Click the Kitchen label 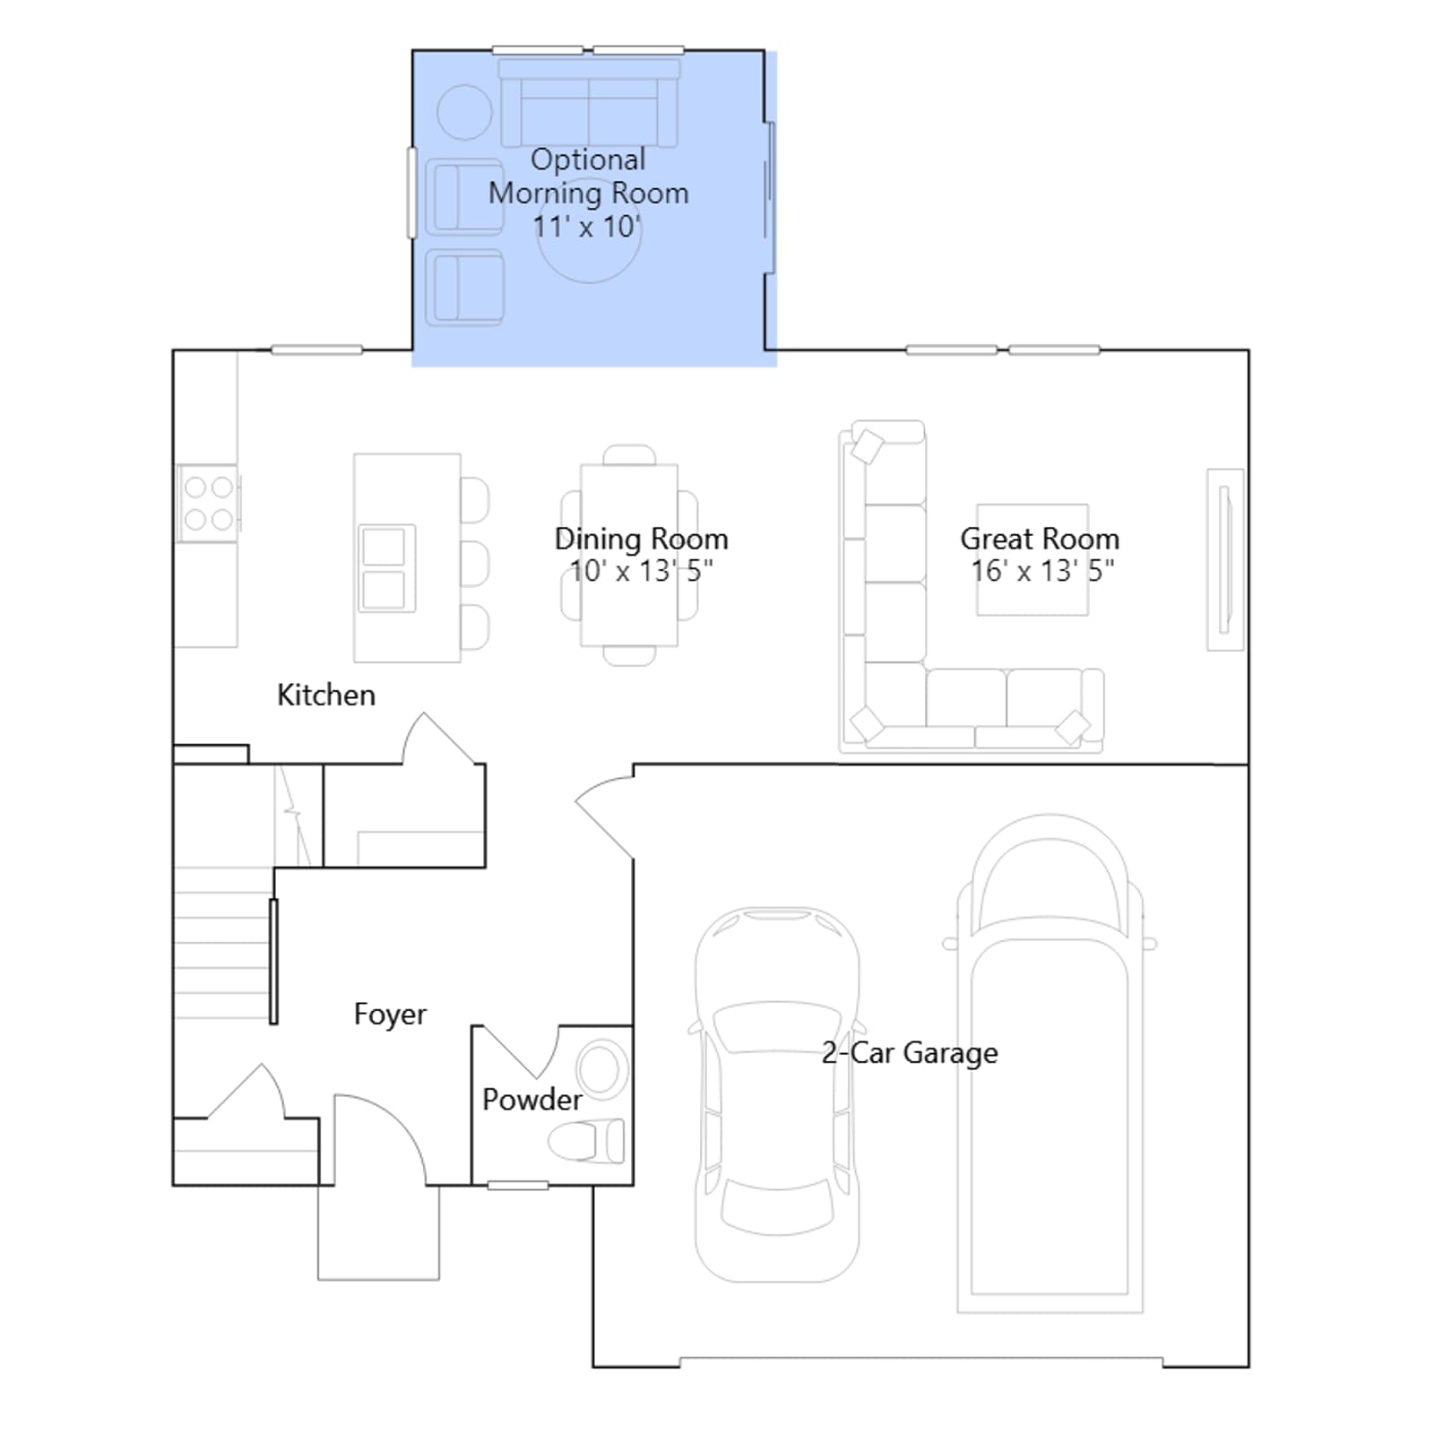(326, 695)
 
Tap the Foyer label (390, 1015)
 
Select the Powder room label (532, 1100)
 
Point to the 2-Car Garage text (910, 1053)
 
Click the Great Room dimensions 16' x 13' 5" (1042, 571)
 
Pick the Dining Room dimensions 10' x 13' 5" (642, 571)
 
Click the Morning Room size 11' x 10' (587, 227)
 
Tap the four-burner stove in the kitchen (208, 503)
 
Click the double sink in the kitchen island (386, 568)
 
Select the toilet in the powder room (586, 1142)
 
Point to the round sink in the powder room (600, 1069)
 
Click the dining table (629, 555)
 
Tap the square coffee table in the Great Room (1032, 559)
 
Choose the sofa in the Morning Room (589, 103)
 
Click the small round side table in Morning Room (464, 112)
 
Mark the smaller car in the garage (777, 1094)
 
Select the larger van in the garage (1050, 1064)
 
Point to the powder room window (518, 1186)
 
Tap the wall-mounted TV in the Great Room (1225, 559)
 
